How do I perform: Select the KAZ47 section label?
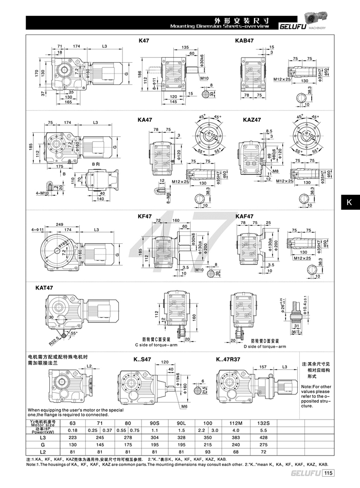[x=252, y=120]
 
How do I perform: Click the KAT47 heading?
[x=45, y=288]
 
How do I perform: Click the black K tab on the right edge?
[x=349, y=202]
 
